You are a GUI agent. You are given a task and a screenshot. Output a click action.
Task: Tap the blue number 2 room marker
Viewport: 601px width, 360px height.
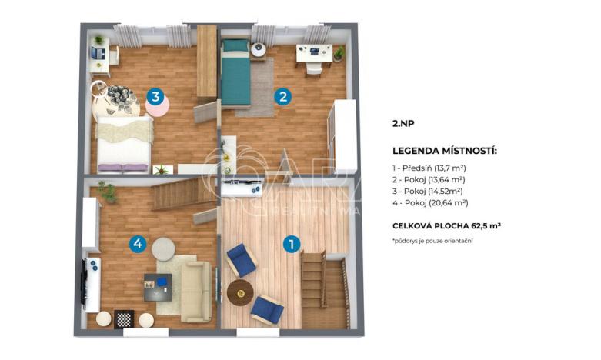coord(283,97)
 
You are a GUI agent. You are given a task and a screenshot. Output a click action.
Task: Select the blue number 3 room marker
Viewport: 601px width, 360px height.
coord(156,97)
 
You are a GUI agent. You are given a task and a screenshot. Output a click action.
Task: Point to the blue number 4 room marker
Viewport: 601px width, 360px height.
coord(137,244)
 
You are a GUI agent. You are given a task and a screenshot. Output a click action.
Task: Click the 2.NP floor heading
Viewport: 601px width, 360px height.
coord(403,122)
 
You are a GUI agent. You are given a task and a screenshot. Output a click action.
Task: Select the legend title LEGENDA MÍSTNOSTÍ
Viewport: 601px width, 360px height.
coord(445,151)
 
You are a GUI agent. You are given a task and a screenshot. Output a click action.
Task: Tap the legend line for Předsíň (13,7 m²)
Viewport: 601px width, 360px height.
coord(429,167)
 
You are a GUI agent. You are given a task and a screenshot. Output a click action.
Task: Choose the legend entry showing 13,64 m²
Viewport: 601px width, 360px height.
coord(429,178)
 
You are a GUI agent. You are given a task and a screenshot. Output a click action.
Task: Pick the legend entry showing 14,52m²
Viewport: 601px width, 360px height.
coord(428,190)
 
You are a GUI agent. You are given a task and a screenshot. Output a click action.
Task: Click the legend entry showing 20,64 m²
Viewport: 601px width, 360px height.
coord(430,202)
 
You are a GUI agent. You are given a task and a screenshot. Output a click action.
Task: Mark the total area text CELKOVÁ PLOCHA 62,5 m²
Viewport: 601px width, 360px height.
coord(446,225)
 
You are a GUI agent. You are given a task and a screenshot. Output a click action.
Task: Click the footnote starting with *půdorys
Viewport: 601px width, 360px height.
coord(432,241)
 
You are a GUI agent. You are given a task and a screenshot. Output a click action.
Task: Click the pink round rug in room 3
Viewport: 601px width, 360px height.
coord(159,107)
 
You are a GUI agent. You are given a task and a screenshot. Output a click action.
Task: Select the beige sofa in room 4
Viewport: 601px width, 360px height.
coord(195,292)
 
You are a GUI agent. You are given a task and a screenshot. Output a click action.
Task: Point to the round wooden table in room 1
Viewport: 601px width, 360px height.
coord(240,292)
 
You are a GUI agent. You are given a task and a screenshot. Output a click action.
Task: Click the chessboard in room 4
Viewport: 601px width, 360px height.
coord(124,319)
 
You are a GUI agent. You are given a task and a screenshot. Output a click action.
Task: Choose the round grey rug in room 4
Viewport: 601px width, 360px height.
coord(163,248)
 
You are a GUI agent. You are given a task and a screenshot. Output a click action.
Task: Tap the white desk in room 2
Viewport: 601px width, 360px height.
coord(314,52)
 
